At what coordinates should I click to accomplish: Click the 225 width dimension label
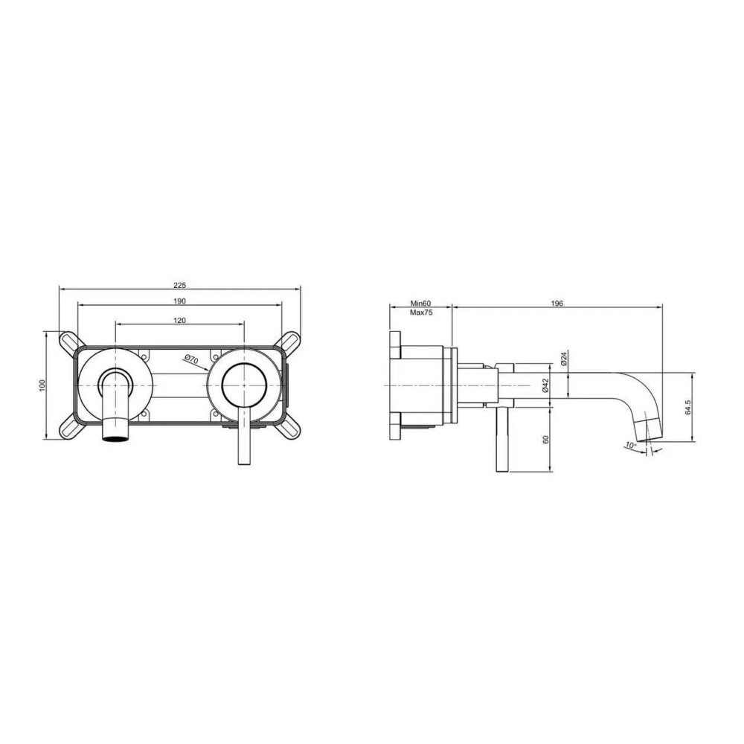(179, 285)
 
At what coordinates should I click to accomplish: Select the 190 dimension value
(179, 301)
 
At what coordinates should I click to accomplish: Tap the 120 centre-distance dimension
(179, 320)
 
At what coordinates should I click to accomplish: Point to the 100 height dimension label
(42, 385)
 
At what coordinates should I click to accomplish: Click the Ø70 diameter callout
(191, 359)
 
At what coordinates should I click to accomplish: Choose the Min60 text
(420, 304)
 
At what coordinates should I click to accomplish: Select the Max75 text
(421, 312)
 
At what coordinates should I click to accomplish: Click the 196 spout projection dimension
(557, 304)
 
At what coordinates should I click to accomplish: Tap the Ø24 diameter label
(564, 359)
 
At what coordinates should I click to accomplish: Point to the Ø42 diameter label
(545, 385)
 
